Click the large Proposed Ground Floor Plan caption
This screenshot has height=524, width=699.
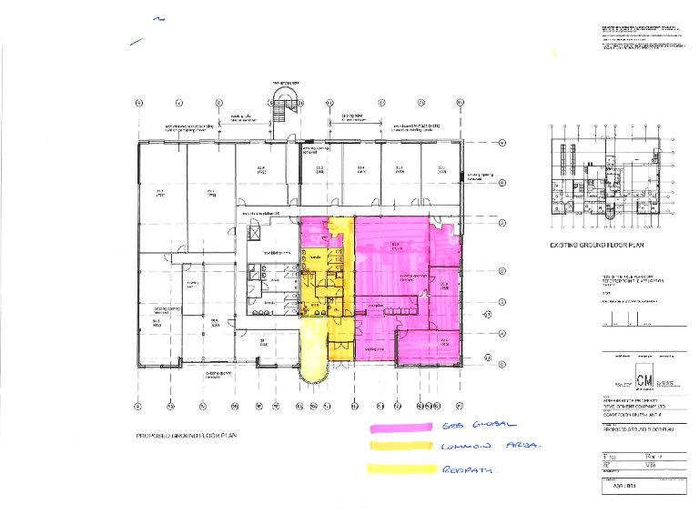[187, 436]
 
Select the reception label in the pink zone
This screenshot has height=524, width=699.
[377, 305]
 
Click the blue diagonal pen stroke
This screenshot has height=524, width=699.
[137, 40]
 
